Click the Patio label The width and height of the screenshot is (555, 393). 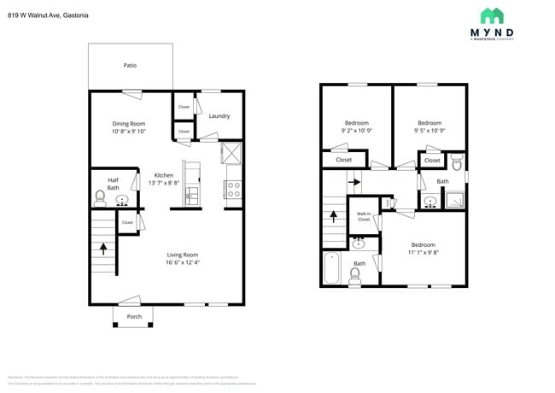pos(130,65)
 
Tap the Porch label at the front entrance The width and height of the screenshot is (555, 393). pos(134,316)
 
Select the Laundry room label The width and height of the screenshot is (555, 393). pos(219,116)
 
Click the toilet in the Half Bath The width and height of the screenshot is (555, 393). pos(100,200)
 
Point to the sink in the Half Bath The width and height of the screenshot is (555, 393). pos(123,202)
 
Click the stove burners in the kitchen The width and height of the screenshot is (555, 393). pos(233,189)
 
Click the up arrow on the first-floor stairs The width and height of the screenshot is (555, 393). pos(104,249)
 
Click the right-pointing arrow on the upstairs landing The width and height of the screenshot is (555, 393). pos(355,182)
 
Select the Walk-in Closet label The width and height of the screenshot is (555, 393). pos(364,217)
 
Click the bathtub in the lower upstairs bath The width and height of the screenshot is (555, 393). pos(331,267)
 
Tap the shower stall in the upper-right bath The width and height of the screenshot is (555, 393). pos(454,202)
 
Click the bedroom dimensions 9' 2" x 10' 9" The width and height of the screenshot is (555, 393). pos(355,131)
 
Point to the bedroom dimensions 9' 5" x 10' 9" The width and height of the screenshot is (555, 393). pos(429,131)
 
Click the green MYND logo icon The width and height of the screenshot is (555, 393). pos(492,15)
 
